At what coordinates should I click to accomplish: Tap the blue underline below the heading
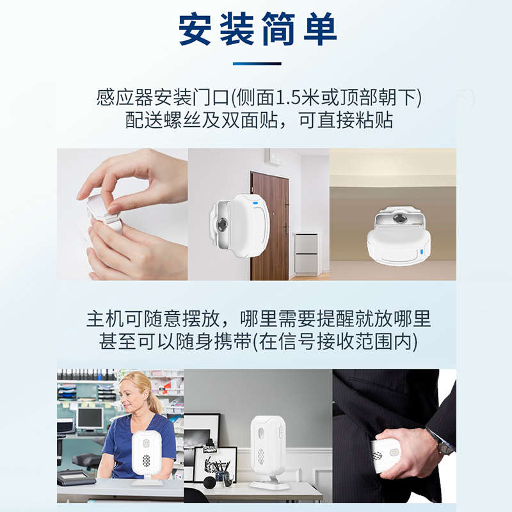(257, 63)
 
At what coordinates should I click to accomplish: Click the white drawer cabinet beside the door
(307, 253)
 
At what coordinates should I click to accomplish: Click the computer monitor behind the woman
(89, 419)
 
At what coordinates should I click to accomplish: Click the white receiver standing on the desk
(268, 451)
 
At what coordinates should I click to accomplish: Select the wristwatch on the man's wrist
(440, 442)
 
